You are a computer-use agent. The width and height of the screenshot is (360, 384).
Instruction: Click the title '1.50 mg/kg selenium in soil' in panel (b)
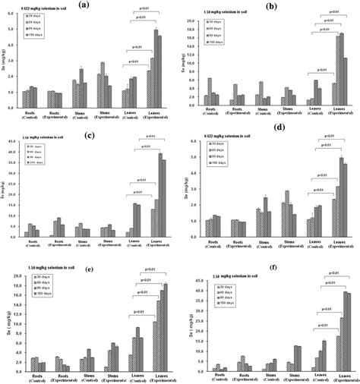pos(213,13)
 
